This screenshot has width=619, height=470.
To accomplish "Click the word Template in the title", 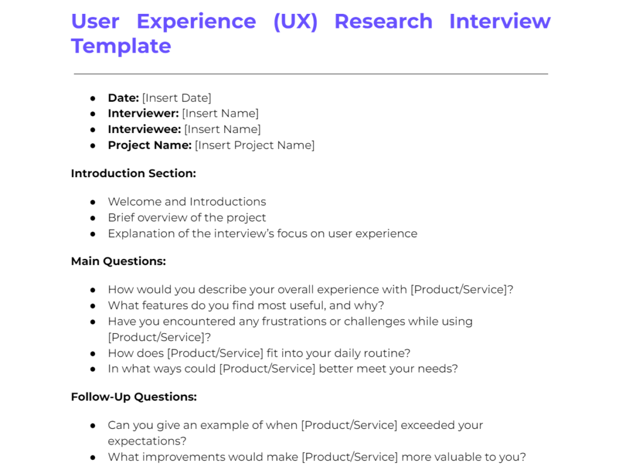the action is click(121, 47).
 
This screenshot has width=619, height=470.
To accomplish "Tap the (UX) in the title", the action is click(295, 21).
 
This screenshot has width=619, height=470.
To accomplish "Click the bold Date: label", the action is click(123, 98).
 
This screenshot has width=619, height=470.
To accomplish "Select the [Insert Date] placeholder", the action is click(177, 98).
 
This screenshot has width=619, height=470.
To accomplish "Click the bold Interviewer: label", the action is click(143, 113).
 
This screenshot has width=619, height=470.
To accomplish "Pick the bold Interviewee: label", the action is click(144, 129).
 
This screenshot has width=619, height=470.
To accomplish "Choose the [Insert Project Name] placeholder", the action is click(254, 145).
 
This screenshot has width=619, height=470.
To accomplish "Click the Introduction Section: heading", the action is click(134, 174).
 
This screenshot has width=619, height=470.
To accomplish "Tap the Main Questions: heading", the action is click(118, 261).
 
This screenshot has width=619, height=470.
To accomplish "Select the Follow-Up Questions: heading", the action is click(134, 397).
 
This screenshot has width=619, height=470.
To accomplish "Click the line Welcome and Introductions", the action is click(187, 201).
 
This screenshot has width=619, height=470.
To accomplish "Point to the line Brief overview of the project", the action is click(187, 218).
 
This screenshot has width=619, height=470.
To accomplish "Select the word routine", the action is click(387, 353).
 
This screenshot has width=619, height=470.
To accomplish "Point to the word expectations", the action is click(147, 441).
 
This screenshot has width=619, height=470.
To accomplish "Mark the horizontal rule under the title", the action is click(311, 74).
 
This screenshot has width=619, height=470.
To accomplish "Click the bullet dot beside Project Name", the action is click(92, 146).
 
